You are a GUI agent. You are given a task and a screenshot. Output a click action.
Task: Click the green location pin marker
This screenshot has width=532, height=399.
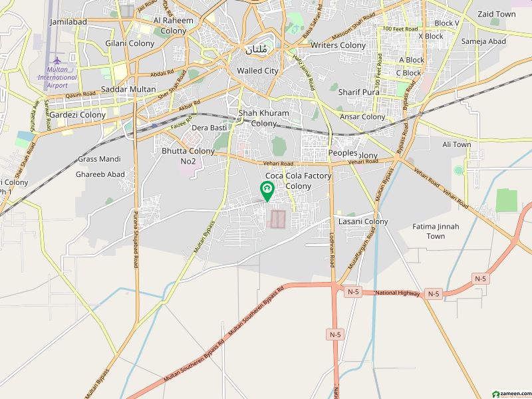[267, 192]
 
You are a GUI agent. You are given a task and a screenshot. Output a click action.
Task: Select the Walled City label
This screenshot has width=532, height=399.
[258, 70]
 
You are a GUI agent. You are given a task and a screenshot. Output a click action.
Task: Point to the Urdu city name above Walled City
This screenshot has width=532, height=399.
[258, 49]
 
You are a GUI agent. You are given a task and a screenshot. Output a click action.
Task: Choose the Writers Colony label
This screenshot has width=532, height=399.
[338, 45]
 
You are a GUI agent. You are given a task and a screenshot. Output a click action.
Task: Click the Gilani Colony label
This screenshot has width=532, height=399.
[130, 43]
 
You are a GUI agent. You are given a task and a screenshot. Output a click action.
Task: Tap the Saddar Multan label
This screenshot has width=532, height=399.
[129, 89]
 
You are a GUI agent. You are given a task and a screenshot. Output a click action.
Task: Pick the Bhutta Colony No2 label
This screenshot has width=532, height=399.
[188, 156]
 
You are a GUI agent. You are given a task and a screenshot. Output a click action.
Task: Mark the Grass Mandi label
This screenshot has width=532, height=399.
[99, 159]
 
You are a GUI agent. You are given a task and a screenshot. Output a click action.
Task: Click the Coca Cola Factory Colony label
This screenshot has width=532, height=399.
[298, 181]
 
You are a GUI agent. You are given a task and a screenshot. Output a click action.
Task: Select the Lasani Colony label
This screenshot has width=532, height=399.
[363, 221]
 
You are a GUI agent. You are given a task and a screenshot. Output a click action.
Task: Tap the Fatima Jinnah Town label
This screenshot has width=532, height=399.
[436, 231]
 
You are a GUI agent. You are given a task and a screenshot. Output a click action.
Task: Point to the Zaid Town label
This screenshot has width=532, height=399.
[496, 14]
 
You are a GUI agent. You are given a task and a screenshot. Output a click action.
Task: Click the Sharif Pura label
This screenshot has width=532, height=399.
[358, 92]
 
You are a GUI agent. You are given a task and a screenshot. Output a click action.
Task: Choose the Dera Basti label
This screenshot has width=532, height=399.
[209, 128]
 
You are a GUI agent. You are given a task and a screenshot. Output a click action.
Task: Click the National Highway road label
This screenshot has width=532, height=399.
[398, 293]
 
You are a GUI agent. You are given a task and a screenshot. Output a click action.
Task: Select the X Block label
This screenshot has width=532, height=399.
[430, 36]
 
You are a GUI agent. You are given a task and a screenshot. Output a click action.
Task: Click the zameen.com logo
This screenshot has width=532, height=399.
[510, 392]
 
